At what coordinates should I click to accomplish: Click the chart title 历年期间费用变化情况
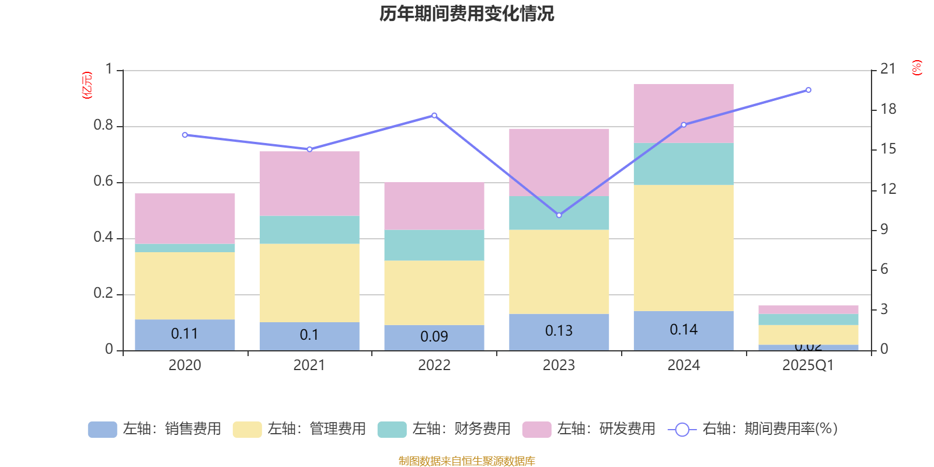(x=466, y=13)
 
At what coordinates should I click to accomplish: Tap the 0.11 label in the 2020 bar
(x=184, y=334)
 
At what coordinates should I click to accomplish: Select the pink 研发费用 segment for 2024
(x=683, y=113)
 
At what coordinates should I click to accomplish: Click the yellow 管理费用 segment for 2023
(x=559, y=271)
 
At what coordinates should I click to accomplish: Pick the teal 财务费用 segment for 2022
(x=434, y=245)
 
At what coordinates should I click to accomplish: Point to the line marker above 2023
(x=559, y=215)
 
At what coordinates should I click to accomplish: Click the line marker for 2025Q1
(x=808, y=90)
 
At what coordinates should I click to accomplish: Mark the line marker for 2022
(x=434, y=115)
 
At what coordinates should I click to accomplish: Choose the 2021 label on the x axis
(x=309, y=365)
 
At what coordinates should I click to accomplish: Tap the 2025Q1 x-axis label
(x=808, y=365)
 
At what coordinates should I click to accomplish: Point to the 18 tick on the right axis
(x=888, y=109)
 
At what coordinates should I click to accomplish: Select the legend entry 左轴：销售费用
(x=155, y=429)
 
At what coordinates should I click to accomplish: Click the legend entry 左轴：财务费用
(x=444, y=429)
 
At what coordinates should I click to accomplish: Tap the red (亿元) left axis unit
(x=87, y=85)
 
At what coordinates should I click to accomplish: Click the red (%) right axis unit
(x=916, y=68)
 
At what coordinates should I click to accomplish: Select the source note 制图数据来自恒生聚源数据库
(x=466, y=461)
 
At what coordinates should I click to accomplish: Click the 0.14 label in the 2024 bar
(x=684, y=330)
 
